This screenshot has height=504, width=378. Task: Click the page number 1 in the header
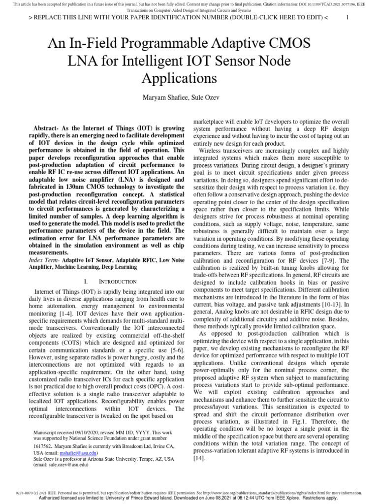(x=347, y=17)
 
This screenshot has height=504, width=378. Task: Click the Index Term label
(x=45, y=259)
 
